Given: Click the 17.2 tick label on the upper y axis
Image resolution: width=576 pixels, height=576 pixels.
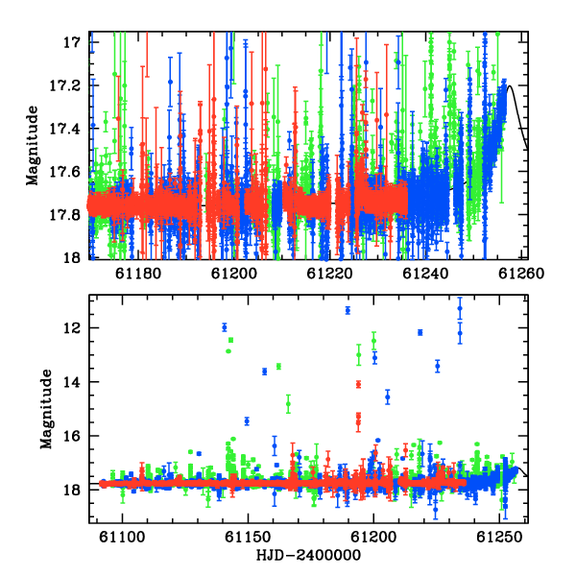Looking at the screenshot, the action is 65,86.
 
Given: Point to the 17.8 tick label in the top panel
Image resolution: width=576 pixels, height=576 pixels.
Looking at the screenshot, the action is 65,215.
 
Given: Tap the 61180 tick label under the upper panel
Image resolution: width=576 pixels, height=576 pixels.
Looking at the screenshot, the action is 138,274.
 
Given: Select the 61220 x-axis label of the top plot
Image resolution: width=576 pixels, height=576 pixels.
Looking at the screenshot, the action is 329,274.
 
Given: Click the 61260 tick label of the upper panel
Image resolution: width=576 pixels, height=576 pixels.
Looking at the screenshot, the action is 521,274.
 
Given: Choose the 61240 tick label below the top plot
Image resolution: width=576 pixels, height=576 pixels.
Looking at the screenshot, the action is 425,274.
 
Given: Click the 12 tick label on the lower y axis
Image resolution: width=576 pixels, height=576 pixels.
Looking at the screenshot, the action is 72,327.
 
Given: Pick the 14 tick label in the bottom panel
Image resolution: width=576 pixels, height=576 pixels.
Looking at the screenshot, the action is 72,382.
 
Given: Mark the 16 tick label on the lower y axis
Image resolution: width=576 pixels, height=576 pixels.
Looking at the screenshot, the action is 72,436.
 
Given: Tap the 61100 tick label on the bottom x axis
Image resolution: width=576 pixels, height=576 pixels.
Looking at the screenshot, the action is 123,537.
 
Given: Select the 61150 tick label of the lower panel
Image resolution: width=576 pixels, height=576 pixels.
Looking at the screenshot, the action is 249,537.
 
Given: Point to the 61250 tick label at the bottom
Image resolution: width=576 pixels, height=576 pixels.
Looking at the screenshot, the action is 499,537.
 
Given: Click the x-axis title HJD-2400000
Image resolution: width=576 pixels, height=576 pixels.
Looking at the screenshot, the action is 308,555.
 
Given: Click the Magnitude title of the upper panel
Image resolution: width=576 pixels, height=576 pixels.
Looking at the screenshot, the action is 33,146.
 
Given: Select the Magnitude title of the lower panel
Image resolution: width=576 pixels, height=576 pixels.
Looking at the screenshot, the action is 46,409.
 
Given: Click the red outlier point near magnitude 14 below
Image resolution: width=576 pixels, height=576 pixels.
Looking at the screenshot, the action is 358,385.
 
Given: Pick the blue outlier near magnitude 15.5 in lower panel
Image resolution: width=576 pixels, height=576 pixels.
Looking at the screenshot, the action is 247,421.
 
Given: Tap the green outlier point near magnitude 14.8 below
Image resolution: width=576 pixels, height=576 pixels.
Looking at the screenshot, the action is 288,404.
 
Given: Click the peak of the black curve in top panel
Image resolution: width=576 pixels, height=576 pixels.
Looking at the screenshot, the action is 510,85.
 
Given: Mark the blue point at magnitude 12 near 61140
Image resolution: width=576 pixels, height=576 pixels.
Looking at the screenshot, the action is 225,327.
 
